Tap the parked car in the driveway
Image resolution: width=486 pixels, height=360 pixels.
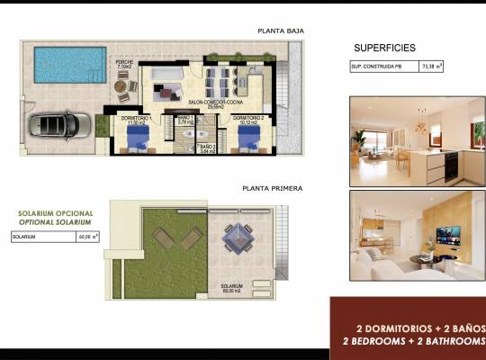pyautogui.click(x=58, y=124)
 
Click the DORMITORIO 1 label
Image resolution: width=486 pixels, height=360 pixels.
pyautogui.click(x=137, y=118)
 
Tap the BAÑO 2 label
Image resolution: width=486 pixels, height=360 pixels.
pyautogui.click(x=207, y=146)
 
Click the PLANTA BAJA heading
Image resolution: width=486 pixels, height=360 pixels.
pyautogui.click(x=280, y=31)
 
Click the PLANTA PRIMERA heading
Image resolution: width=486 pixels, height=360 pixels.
pyautogui.click(x=273, y=189)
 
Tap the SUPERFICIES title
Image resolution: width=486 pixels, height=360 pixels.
pyautogui.click(x=385, y=47)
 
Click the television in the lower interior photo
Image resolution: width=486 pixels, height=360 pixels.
pyautogui.click(x=447, y=235)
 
